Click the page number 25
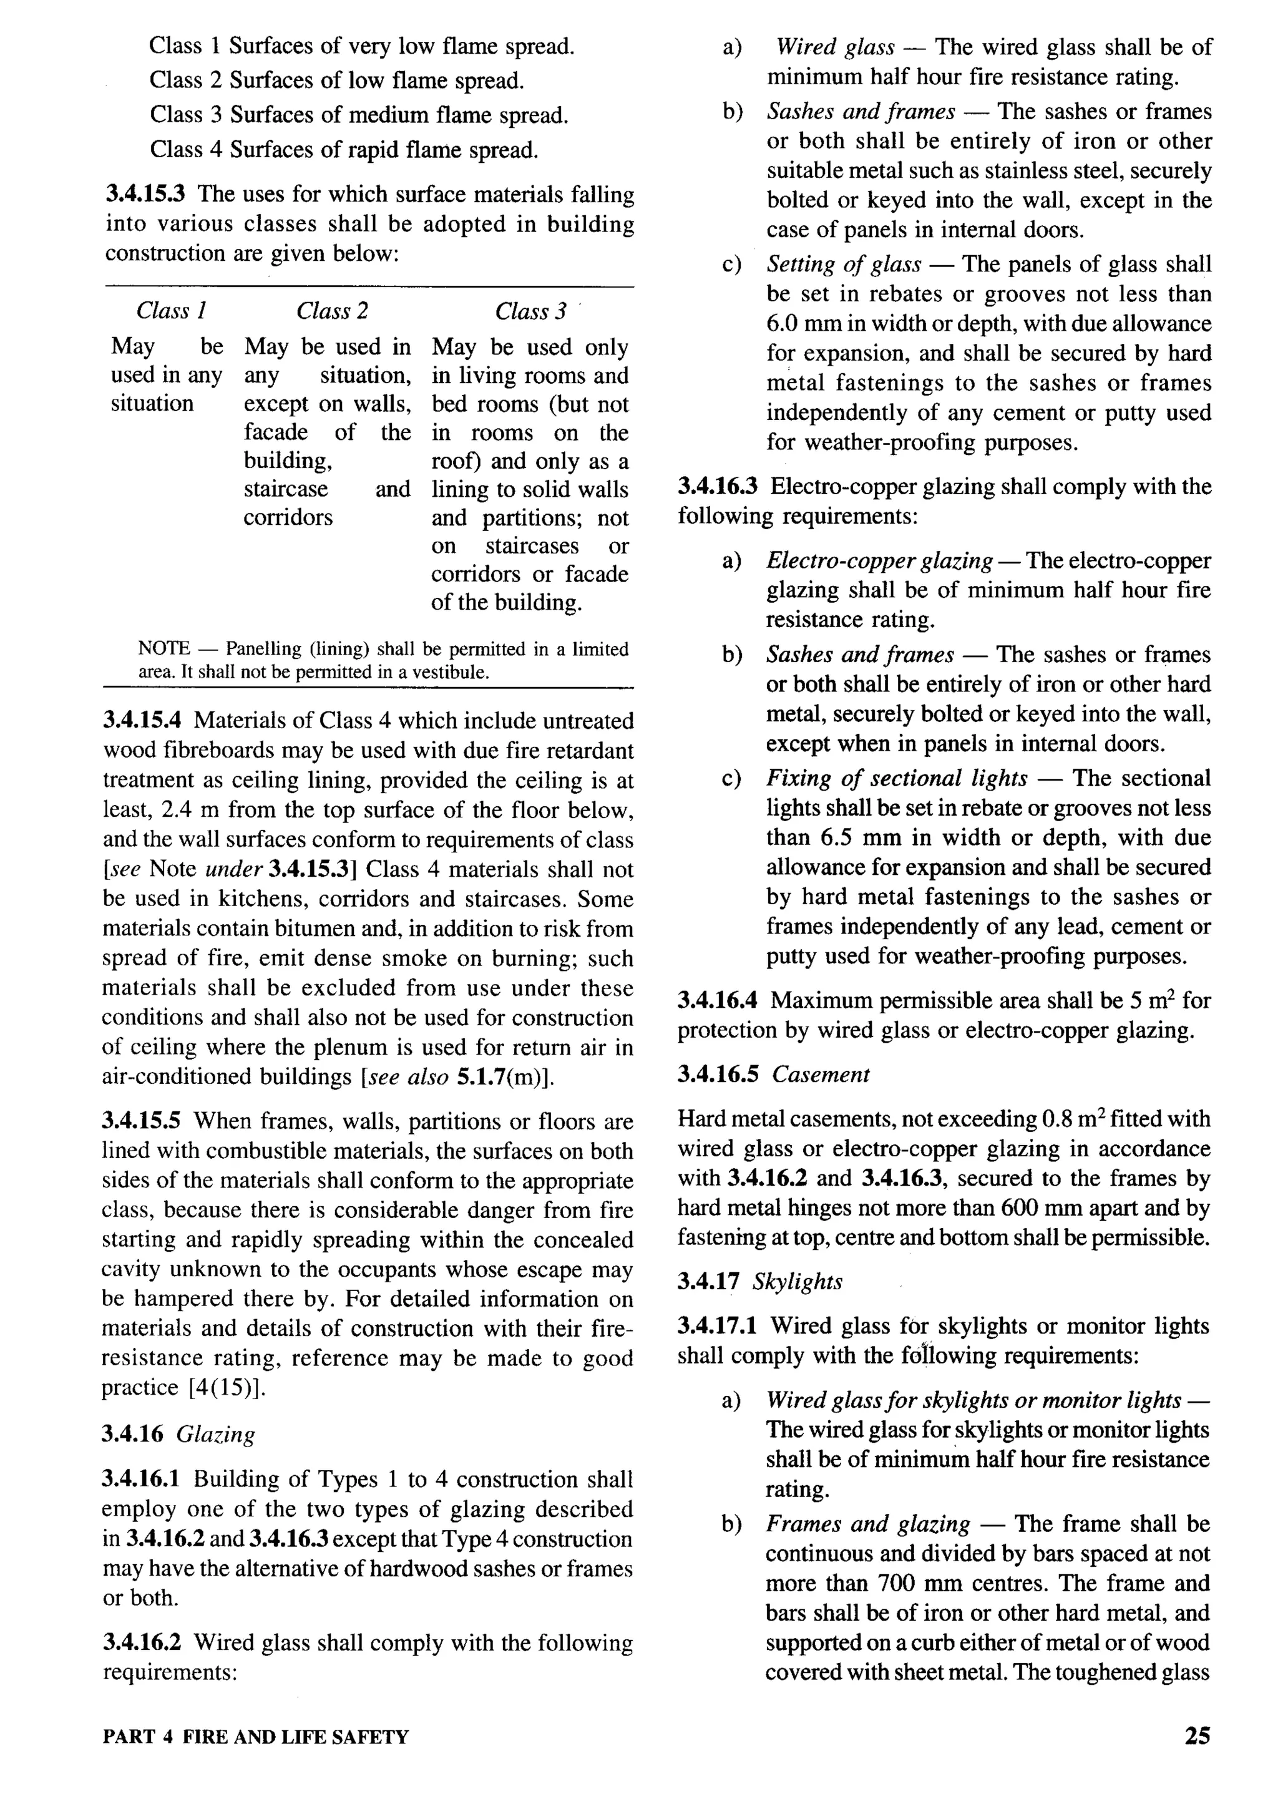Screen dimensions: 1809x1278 (x=1197, y=1737)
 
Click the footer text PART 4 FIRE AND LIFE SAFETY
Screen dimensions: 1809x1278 (x=255, y=1737)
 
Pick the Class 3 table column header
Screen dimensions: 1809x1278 (x=530, y=311)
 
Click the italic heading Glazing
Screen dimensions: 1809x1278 (x=216, y=1435)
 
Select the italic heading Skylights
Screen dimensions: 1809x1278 (x=798, y=1282)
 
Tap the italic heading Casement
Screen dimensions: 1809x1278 (x=820, y=1075)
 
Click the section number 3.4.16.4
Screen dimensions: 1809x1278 (x=717, y=1001)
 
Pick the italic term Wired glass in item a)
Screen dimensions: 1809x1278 (x=835, y=47)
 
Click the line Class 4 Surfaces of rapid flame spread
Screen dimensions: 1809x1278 (x=344, y=149)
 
